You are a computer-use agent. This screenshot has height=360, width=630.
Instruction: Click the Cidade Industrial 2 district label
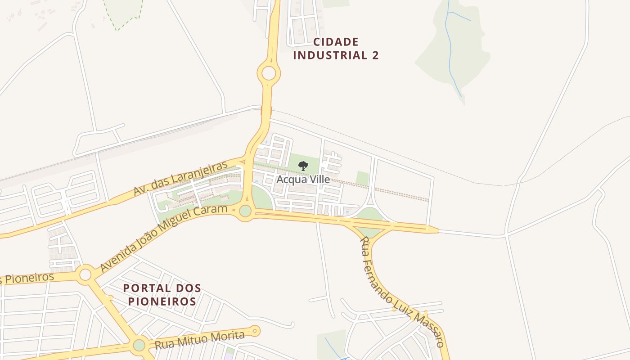[x=336, y=49]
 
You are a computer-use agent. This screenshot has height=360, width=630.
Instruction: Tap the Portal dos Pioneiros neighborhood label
[x=162, y=294]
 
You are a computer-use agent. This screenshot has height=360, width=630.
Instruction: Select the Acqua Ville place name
[x=303, y=180]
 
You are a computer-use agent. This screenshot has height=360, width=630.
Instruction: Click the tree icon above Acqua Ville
[x=303, y=166]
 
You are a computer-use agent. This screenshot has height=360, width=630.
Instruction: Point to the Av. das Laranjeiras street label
[x=180, y=178]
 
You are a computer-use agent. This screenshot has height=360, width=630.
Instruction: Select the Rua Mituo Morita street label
[x=199, y=340]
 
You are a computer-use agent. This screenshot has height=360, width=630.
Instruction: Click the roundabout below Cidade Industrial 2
[x=269, y=73]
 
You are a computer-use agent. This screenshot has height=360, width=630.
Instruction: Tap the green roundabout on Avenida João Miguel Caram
[x=245, y=211]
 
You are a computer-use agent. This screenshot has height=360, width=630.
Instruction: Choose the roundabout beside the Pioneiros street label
[x=85, y=274]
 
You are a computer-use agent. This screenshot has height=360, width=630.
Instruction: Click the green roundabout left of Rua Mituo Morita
[x=139, y=345]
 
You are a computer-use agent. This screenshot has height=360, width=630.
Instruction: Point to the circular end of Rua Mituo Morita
[x=255, y=331]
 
